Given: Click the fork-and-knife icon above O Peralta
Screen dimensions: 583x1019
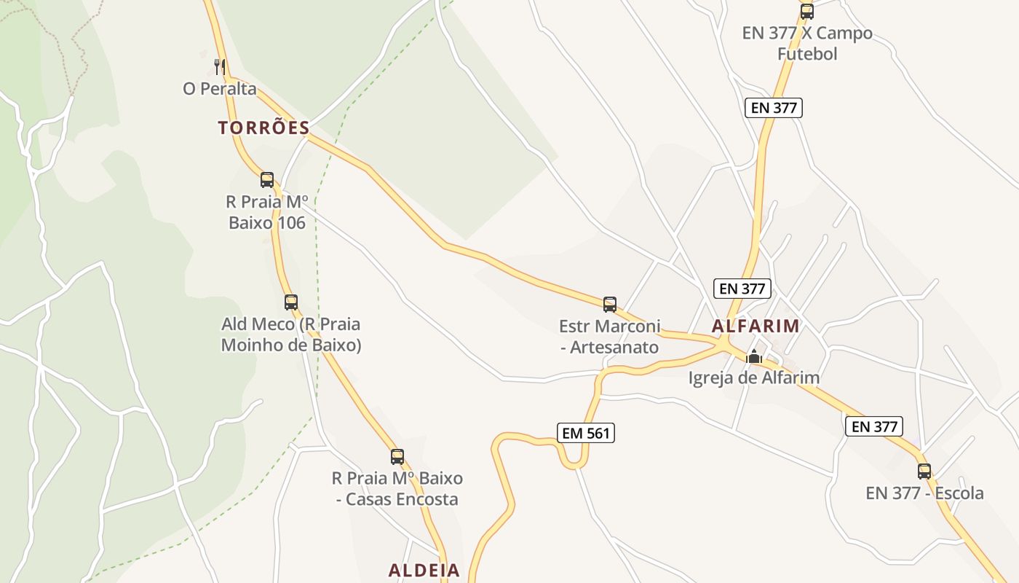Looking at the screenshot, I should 220,67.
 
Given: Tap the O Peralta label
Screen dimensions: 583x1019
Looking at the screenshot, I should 220,89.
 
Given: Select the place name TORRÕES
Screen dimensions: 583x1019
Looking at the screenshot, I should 263,128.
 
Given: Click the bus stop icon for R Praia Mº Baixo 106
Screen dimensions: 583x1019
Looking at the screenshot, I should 267,179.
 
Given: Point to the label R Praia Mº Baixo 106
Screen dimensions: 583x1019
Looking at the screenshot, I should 267,212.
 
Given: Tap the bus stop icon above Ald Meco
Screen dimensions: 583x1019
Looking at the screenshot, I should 291,302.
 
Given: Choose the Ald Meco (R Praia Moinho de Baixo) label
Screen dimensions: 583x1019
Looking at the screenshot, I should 291,334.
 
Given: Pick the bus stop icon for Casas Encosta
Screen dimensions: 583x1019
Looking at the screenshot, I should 397,457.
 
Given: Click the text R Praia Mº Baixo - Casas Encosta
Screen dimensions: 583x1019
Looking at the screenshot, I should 397,489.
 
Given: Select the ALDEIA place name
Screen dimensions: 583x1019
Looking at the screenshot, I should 424,571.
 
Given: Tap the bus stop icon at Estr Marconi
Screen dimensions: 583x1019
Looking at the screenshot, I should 610,304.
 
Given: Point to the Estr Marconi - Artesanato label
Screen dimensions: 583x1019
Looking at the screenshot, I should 610,336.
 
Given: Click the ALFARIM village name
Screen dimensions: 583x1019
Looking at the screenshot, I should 756,326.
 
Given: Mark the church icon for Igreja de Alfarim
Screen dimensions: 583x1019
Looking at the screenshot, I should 754,356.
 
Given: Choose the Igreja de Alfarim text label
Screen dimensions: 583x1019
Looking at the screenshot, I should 754,377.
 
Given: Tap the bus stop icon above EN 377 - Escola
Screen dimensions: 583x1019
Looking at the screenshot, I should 924,471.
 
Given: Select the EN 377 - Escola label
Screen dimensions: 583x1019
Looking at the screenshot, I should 924,493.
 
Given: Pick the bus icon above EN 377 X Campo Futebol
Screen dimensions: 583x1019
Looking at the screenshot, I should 806,11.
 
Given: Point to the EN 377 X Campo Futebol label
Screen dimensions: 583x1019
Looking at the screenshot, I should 806,44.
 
